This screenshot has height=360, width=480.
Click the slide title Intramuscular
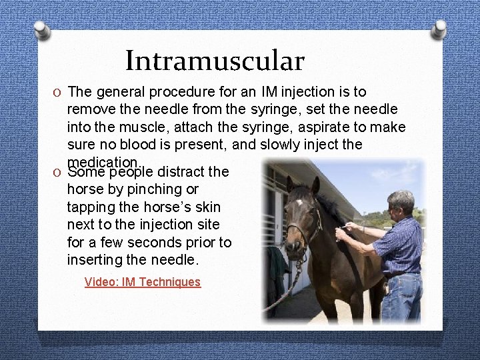pos(215,61)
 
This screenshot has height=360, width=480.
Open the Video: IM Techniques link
pos(142,282)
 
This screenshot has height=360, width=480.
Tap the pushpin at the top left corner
pos(41,31)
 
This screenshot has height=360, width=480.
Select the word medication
pos(103,162)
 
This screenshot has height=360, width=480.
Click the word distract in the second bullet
pos(183,172)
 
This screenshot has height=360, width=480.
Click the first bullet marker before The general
pos(57,92)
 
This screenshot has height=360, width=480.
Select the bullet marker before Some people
pos(57,172)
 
